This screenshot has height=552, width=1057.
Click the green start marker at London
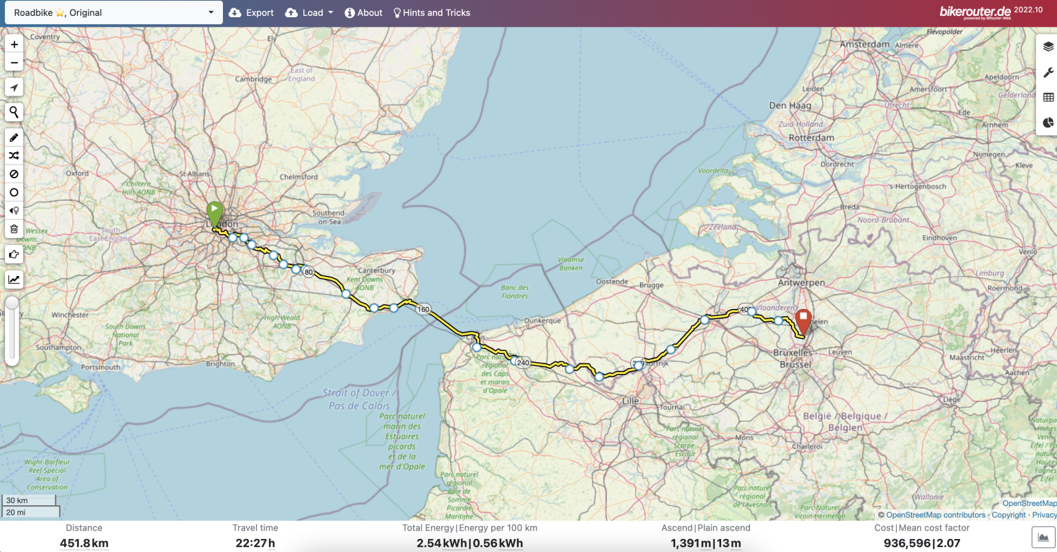coord(215,211)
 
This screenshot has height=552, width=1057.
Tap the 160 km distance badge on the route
coord(423,309)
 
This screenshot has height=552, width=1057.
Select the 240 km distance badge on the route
coord(523,363)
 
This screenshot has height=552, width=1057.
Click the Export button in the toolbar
coord(251,12)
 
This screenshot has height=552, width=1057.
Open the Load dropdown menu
coord(309,12)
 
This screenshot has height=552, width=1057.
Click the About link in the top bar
coord(363,12)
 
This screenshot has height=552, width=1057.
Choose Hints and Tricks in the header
coord(431,12)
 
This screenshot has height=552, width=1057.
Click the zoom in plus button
coord(14,44)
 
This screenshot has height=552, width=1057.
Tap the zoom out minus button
coord(14,63)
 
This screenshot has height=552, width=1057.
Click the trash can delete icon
coord(14,229)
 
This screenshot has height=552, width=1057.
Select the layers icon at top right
coord(1048,47)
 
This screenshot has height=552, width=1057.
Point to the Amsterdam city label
coord(864,44)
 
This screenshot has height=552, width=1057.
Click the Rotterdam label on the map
coord(811,138)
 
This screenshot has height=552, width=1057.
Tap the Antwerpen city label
coord(801,283)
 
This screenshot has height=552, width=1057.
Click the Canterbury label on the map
coord(376,270)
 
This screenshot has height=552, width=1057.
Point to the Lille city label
coord(630,401)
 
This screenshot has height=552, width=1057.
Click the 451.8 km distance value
coord(84,543)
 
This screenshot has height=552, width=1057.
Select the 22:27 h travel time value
coord(255,543)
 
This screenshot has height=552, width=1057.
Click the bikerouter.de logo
coord(975,12)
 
